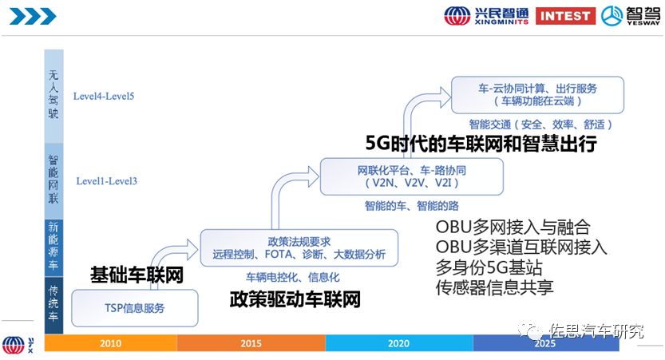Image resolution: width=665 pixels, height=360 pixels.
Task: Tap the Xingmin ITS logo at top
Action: [487, 15]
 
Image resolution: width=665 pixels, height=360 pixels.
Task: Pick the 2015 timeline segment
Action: [251, 343]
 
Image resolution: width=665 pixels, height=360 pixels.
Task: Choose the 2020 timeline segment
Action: [399, 343]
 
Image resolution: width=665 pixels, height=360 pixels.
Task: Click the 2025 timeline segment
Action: [546, 343]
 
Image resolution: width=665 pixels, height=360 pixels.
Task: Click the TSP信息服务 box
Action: [134, 307]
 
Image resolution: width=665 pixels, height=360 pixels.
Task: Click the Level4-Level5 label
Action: [103, 97]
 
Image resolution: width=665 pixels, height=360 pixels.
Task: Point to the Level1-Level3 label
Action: [107, 181]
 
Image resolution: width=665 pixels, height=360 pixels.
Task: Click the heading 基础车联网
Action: [137, 276]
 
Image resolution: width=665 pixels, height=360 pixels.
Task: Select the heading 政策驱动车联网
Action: [295, 300]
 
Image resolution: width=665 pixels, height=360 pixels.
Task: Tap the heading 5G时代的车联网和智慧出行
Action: [481, 144]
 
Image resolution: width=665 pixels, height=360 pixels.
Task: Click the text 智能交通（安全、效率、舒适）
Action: [541, 125]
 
